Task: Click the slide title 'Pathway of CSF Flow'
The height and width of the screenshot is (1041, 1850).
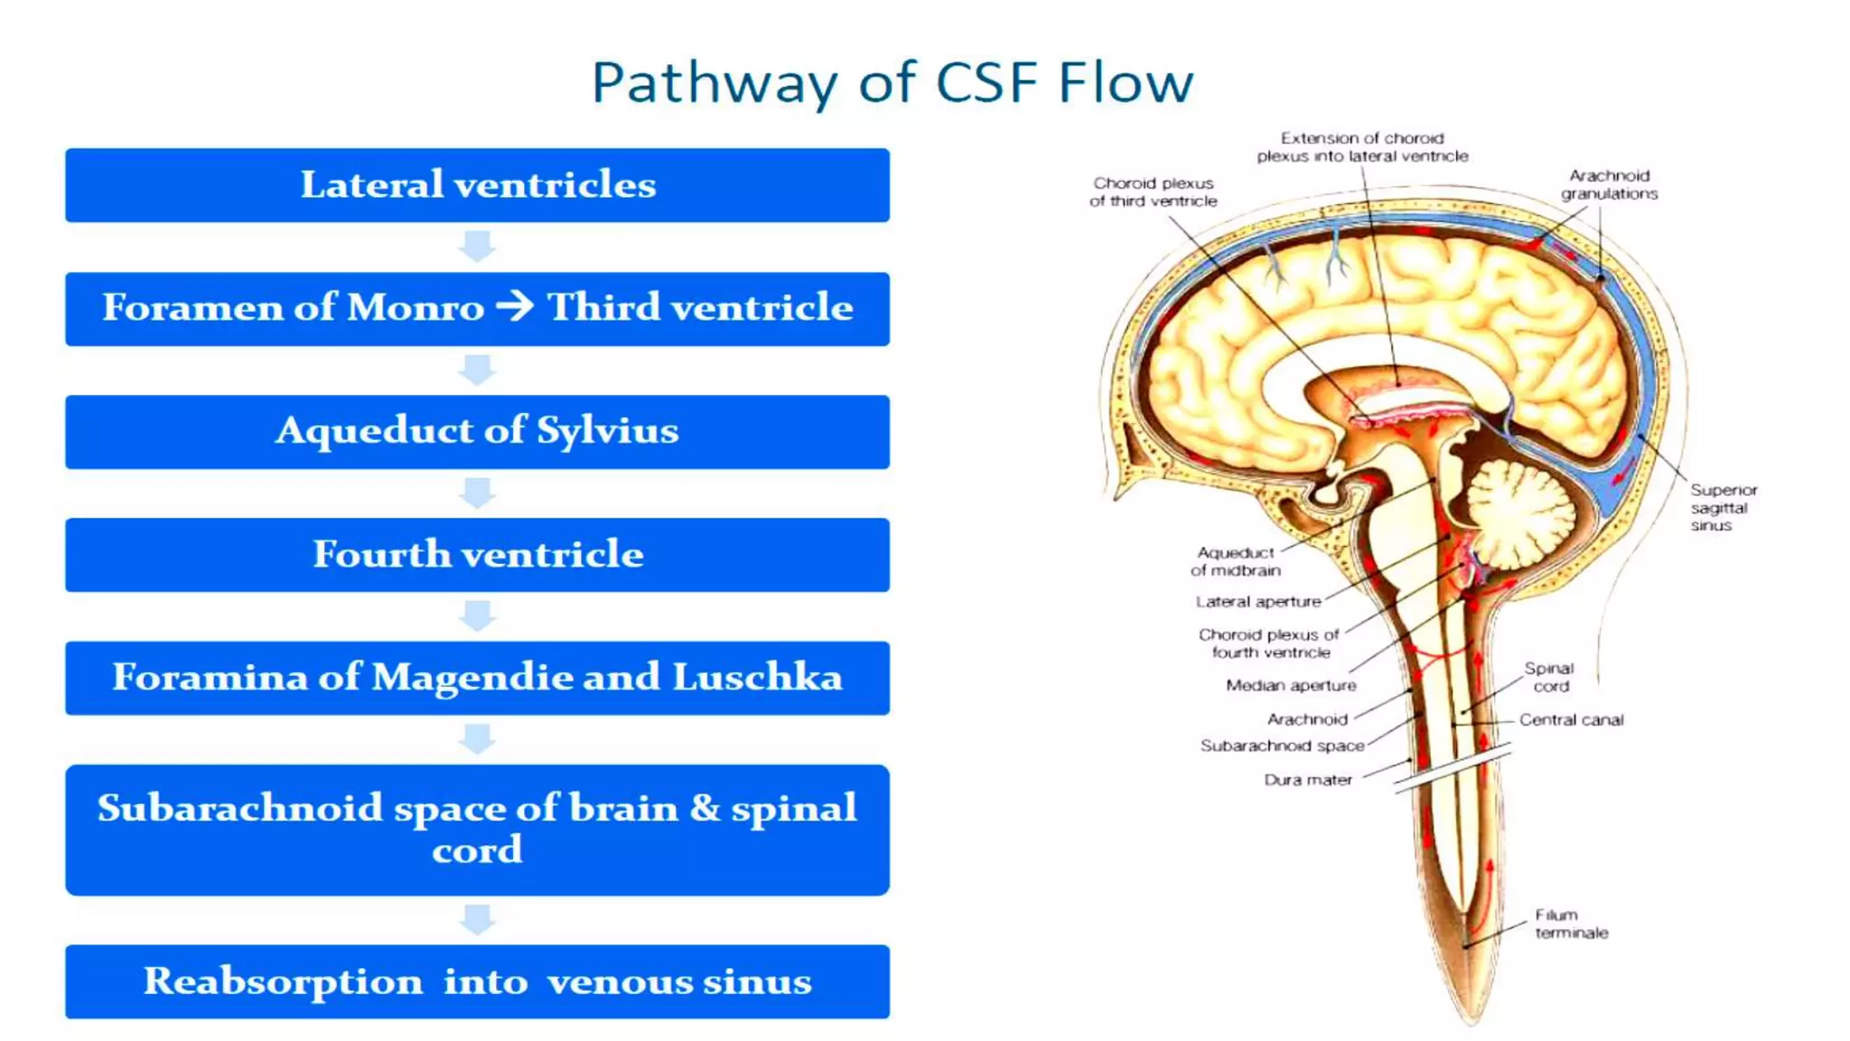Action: tap(892, 83)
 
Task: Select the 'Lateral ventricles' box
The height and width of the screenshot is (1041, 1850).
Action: tap(477, 185)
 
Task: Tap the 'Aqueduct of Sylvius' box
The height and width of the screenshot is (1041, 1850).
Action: tap(477, 431)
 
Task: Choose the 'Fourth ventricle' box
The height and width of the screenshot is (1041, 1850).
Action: tap(477, 554)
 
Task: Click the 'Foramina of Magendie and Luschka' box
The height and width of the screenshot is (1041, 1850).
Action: tap(477, 678)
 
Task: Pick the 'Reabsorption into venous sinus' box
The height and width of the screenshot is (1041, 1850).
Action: tap(477, 981)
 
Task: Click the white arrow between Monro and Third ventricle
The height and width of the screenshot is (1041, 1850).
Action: tap(516, 306)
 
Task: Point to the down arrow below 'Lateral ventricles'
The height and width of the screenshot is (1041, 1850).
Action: tap(477, 246)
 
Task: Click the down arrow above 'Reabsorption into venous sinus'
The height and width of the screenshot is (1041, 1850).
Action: tap(477, 920)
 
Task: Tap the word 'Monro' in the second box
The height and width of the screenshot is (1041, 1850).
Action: tap(416, 308)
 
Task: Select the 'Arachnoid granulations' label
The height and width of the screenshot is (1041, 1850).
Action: tap(1609, 184)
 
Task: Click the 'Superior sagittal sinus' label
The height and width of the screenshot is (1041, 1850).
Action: tap(1723, 507)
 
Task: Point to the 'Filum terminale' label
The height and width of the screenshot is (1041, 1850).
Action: tap(1571, 924)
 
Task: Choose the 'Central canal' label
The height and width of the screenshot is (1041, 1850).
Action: tap(1571, 720)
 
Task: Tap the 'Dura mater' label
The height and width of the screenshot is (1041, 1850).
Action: tap(1307, 780)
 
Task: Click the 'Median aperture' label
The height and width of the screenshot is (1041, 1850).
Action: tap(1291, 686)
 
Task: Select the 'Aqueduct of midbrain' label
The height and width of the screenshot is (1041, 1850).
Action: tap(1235, 561)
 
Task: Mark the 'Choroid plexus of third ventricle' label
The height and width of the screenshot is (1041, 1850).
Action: tap(1153, 192)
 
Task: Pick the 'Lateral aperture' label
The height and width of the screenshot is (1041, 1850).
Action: tap(1257, 602)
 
